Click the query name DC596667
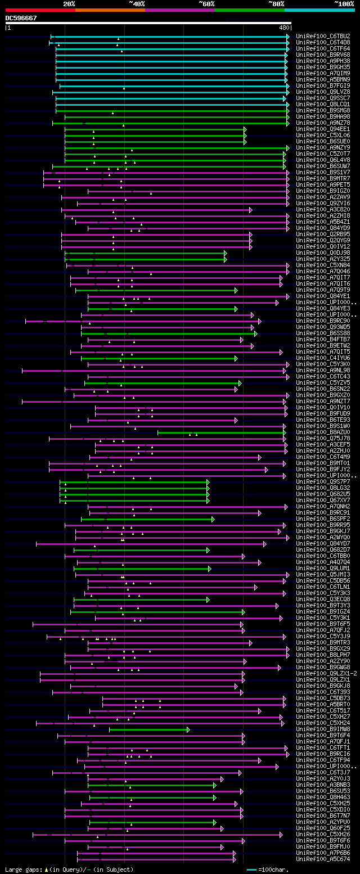(x=21, y=18)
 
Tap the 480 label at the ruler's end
(x=283, y=27)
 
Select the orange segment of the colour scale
(x=110, y=10)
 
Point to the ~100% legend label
(x=344, y=3)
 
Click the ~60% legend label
(x=206, y=3)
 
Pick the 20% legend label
(x=69, y=3)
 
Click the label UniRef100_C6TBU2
(x=323, y=36)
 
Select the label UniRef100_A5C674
(x=323, y=859)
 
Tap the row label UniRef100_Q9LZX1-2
(x=326, y=673)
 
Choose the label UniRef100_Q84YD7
(x=323, y=543)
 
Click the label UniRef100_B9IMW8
(x=323, y=729)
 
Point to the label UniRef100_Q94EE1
(x=323, y=129)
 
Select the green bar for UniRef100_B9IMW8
(x=148, y=729)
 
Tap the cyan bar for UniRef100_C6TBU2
(x=169, y=36)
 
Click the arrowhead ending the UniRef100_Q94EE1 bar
(x=245, y=129)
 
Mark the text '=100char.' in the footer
(x=276, y=870)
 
